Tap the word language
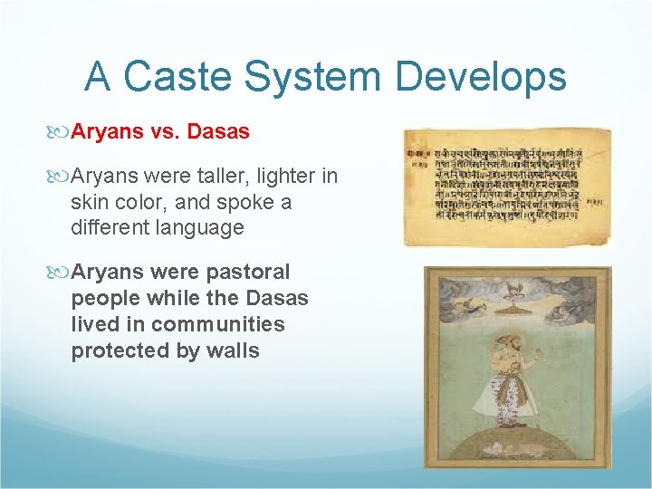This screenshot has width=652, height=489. [x=199, y=227]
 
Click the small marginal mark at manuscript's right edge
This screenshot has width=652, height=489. [x=595, y=201]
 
